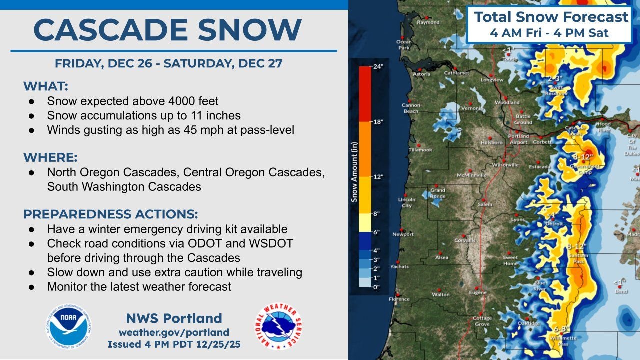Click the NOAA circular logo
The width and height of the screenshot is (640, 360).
click(70, 327)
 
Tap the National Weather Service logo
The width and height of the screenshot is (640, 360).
click(279, 327)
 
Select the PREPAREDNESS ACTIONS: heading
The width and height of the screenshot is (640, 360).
click(110, 214)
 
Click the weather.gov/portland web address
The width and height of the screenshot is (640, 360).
click(174, 332)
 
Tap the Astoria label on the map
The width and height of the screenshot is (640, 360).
click(421, 74)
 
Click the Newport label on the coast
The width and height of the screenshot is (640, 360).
click(403, 234)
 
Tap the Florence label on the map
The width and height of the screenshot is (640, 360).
click(399, 299)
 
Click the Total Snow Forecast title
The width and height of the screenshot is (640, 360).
click(551, 17)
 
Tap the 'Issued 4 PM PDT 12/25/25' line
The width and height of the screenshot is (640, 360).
click(167, 344)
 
